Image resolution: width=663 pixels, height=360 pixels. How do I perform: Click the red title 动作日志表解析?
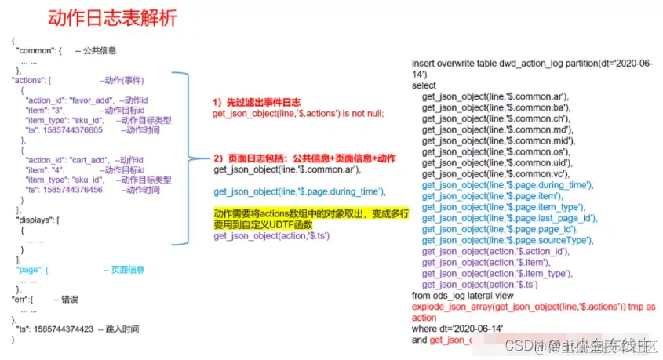(112, 16)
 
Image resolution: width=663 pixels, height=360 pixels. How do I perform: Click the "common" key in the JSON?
(35, 50)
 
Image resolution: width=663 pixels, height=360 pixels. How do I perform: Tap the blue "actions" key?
(29, 80)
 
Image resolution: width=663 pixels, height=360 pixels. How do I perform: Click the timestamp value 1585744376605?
(74, 129)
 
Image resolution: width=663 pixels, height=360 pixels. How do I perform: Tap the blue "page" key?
(31, 270)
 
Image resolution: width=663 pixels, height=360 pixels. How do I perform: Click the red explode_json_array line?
(534, 307)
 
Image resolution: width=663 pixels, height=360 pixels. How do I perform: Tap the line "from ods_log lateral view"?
(462, 296)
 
